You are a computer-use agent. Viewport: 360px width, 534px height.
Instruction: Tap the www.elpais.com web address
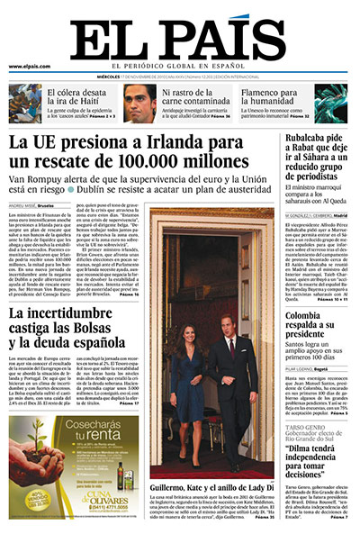[30, 67]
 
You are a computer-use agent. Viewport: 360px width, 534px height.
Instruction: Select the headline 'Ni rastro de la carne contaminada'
[193, 95]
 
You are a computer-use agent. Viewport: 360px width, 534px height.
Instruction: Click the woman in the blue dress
[196, 396]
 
